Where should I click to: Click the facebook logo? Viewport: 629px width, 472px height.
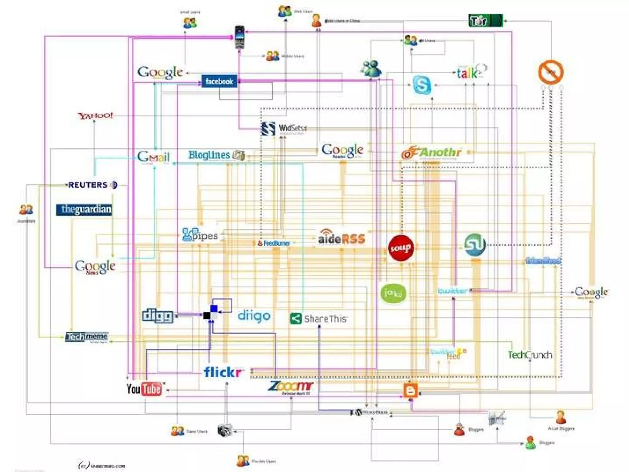click(219, 81)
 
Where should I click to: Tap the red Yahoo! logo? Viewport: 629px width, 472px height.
click(95, 116)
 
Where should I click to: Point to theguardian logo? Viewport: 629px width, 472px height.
click(84, 210)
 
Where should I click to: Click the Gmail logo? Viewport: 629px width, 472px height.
click(153, 157)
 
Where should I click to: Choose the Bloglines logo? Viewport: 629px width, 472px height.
click(216, 155)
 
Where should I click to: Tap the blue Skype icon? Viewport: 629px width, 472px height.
click(421, 85)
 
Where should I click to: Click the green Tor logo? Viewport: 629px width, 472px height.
click(485, 21)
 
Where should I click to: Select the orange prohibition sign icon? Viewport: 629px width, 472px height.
click(551, 72)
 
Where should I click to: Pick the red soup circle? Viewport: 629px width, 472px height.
click(400, 248)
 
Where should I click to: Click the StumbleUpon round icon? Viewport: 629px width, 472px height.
click(475, 245)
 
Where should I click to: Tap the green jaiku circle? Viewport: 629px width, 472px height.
click(393, 293)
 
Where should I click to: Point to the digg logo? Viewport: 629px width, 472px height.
click(158, 316)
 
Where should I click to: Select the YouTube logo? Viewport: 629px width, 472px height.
click(144, 389)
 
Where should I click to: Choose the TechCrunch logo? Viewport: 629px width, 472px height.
click(529, 355)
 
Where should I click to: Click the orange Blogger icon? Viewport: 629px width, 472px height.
click(410, 391)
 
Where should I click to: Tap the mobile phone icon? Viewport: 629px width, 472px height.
click(239, 37)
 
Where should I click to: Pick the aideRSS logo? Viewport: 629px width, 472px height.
click(342, 238)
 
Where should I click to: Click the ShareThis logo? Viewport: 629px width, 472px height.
click(318, 319)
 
